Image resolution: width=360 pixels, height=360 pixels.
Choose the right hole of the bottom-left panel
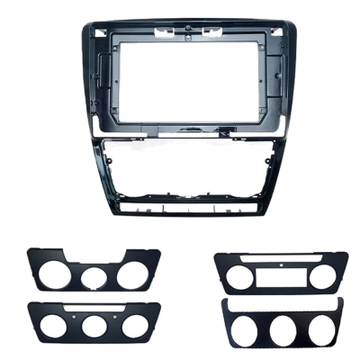131,325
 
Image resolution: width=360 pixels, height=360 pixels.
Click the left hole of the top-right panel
239,275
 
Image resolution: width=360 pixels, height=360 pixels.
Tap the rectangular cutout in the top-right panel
281,276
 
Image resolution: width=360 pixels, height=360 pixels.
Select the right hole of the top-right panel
321,275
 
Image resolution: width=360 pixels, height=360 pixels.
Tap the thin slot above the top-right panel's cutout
281,261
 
